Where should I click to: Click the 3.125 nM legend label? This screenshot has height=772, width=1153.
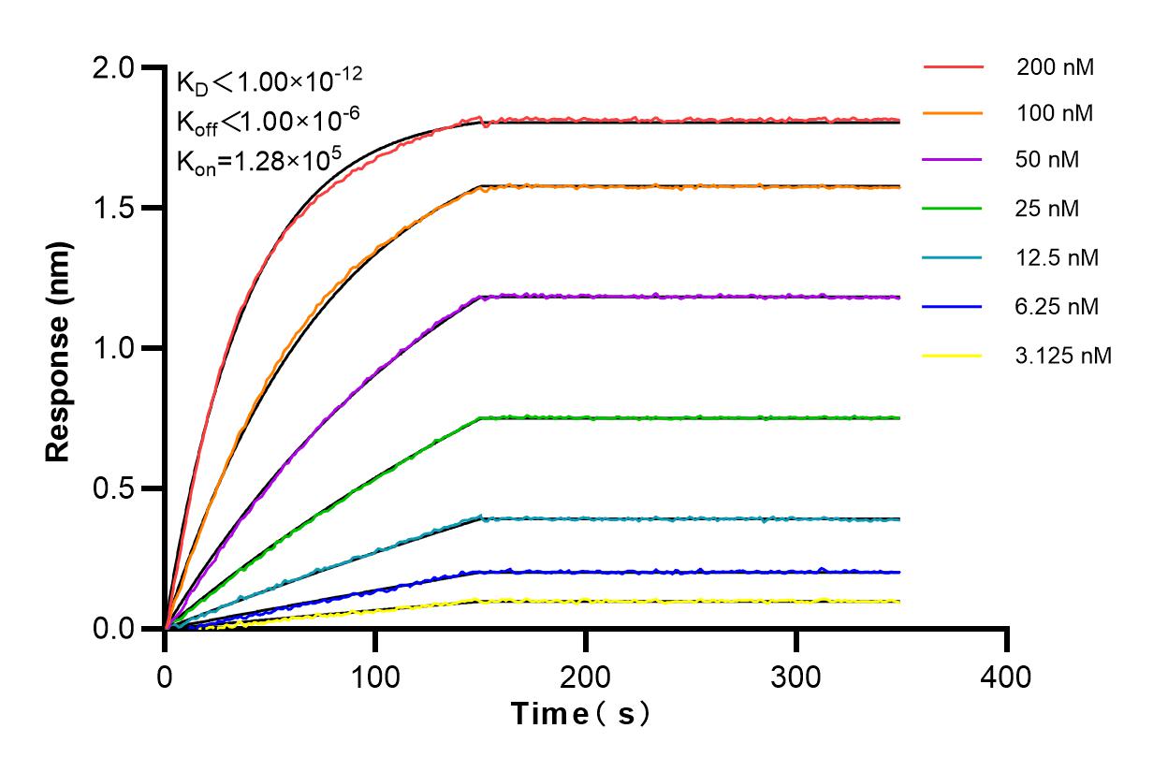(1064, 356)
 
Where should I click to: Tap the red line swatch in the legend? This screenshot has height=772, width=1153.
(953, 67)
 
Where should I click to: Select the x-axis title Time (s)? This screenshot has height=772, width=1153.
(580, 714)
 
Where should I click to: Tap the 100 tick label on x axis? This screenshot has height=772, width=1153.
(375, 677)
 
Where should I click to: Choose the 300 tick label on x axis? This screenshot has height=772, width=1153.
(796, 677)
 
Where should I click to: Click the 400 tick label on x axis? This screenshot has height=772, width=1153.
(1007, 677)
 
